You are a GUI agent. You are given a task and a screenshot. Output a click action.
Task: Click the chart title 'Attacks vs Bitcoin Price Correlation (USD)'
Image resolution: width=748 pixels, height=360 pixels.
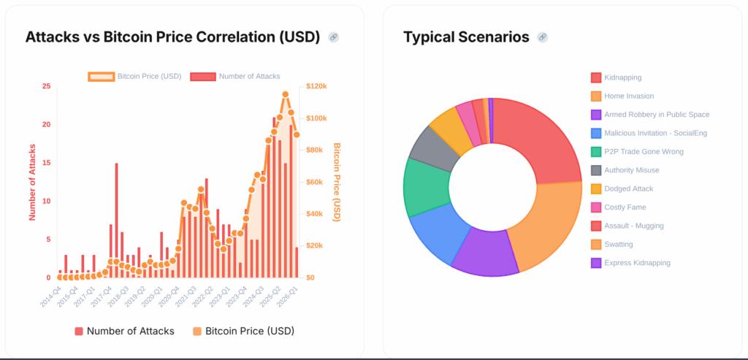click(x=172, y=37)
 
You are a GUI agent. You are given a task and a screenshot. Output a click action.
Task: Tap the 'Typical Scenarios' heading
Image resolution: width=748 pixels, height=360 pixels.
click(x=466, y=37)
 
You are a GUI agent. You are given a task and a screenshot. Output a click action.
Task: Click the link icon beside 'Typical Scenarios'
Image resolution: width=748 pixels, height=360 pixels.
click(x=542, y=37)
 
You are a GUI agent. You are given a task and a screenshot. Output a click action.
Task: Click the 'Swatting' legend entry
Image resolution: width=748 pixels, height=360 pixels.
click(x=618, y=245)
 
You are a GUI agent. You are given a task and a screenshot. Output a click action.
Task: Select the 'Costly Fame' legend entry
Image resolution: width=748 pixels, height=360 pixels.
click(x=625, y=207)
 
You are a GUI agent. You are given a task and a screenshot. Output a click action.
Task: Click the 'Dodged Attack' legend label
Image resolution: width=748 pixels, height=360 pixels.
click(x=628, y=188)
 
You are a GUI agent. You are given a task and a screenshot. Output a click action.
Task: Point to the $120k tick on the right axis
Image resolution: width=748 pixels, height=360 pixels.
click(x=316, y=86)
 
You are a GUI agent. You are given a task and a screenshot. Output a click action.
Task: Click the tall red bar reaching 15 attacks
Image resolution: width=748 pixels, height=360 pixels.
click(x=116, y=219)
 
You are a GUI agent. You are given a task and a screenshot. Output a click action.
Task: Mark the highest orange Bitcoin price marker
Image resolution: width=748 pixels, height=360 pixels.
click(x=285, y=94)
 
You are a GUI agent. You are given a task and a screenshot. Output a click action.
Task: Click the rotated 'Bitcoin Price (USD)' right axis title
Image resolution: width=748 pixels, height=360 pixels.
click(x=336, y=182)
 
